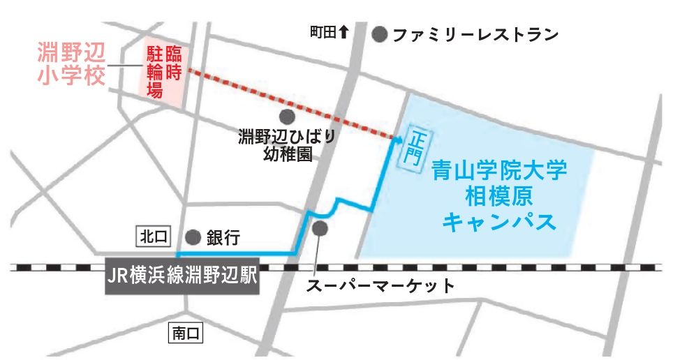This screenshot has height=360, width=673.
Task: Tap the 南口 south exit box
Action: tap(186, 334)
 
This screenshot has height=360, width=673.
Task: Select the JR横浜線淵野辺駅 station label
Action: tap(182, 276)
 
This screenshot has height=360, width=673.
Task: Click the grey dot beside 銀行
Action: tap(193, 237)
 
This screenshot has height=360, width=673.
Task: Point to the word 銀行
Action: tap(223, 238)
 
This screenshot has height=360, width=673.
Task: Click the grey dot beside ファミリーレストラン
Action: tap(380, 34)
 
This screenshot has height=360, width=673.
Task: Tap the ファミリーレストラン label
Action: tap(475, 34)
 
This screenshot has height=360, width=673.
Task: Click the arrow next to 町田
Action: tap(343, 31)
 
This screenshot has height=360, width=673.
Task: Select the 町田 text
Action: tap(323, 32)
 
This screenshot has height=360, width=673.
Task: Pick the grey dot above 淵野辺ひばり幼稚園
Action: tap(285, 116)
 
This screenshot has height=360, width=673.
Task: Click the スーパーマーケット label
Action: tap(381, 285)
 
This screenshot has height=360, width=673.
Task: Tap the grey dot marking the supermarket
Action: tap(320, 228)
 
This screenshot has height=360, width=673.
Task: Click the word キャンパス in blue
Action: tap(500, 221)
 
